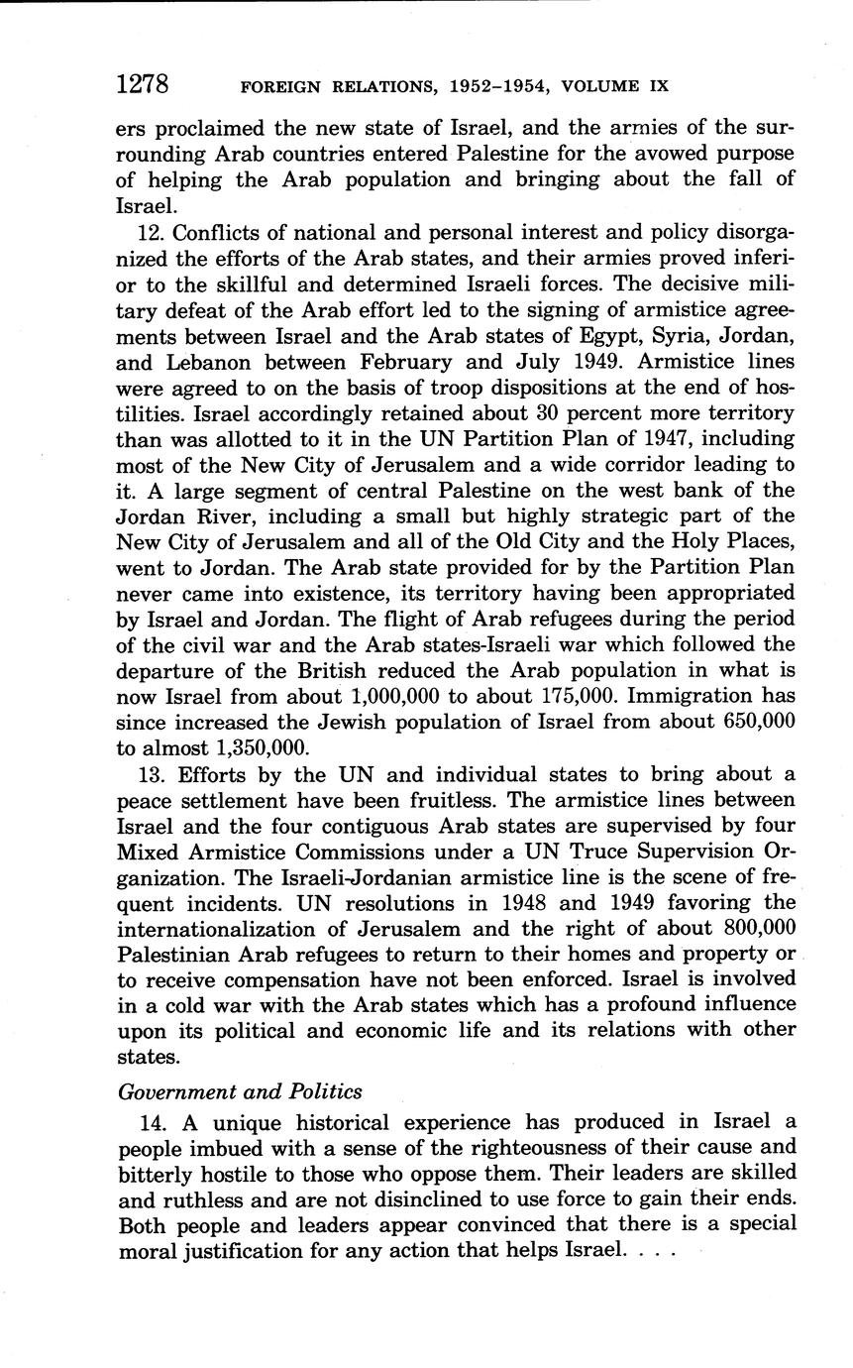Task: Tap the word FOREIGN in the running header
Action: [x=280, y=86]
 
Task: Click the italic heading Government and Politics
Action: [x=240, y=1091]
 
